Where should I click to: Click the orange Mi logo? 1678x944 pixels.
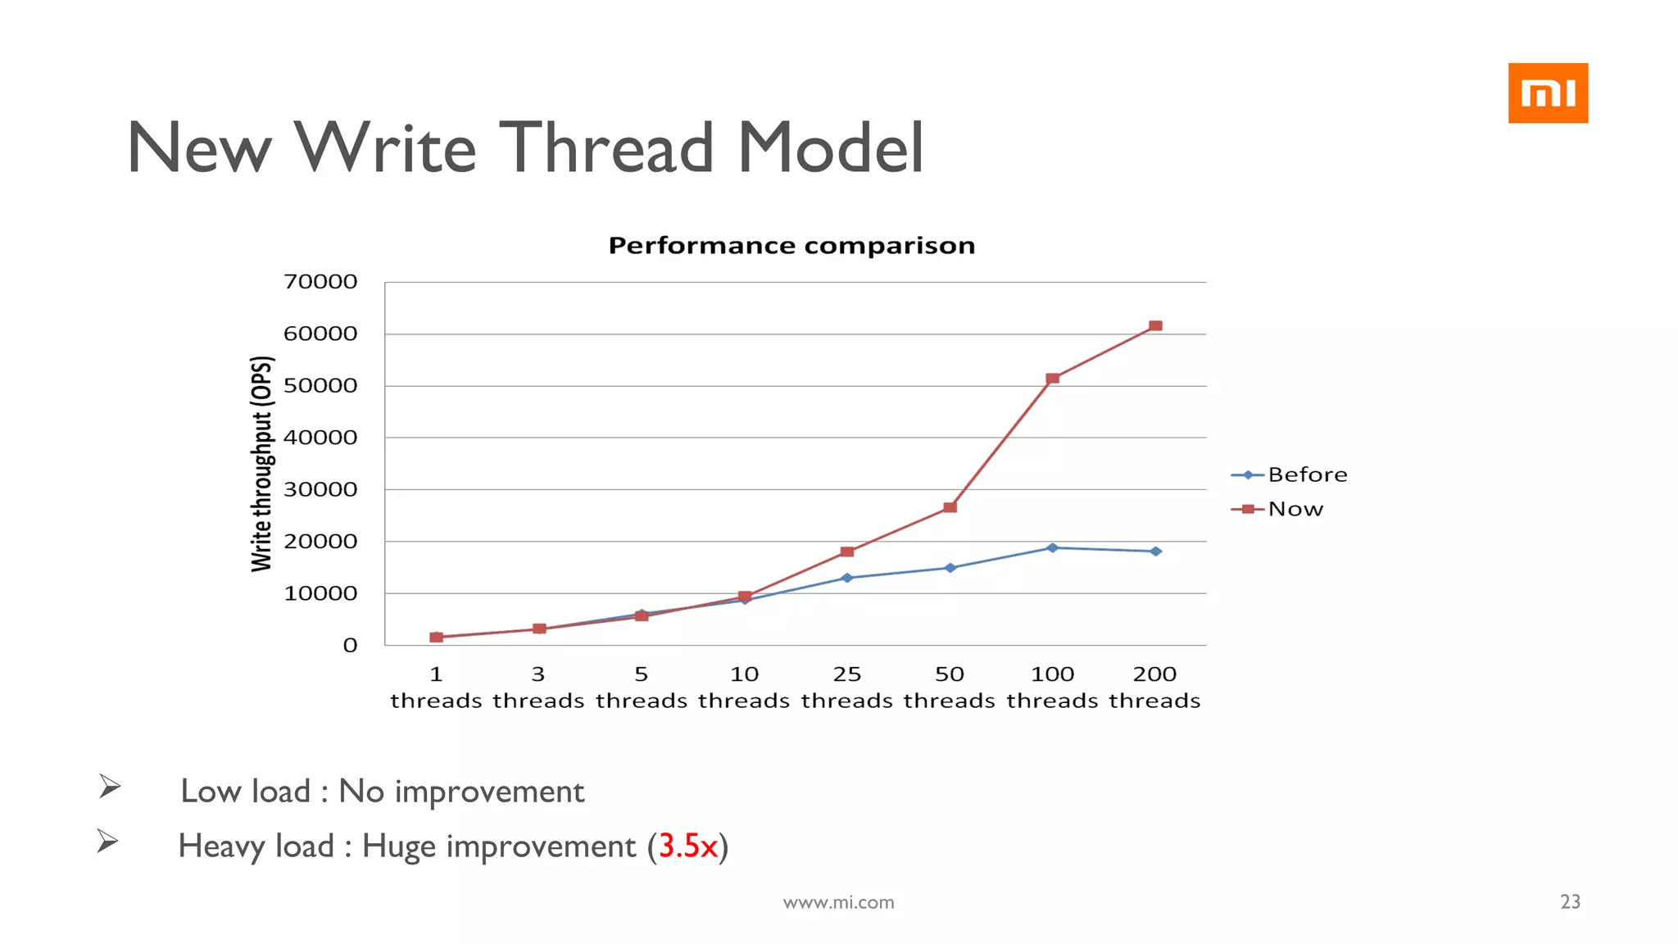(1547, 93)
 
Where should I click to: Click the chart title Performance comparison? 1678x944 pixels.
(791, 245)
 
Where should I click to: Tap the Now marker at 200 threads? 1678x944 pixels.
(1155, 326)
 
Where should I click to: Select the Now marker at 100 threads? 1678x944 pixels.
(1053, 379)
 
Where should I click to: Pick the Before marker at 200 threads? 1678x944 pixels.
(1155, 551)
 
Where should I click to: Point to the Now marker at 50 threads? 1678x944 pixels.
(950, 507)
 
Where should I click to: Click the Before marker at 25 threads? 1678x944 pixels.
(847, 578)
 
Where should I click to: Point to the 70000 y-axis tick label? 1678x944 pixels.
(320, 282)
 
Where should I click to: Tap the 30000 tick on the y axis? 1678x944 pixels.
(320, 490)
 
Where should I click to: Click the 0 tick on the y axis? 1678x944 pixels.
(350, 646)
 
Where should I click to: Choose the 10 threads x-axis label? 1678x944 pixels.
(744, 687)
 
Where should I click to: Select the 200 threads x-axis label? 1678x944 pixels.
(1154, 687)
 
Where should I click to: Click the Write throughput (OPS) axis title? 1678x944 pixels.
(261, 464)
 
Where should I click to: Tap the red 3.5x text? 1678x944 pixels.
(687, 846)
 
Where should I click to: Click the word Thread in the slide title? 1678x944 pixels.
(606, 147)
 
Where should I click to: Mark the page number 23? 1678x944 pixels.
(1570, 901)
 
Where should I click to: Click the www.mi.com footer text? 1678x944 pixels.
(838, 902)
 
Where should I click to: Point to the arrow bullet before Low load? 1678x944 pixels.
(110, 787)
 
